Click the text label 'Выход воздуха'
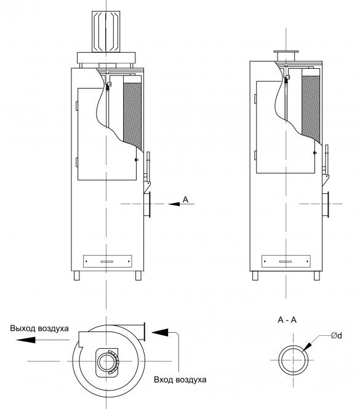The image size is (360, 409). [x=39, y=328]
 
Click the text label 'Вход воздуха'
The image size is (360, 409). [x=180, y=379]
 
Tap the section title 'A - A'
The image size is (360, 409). [x=287, y=320]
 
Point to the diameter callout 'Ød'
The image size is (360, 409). [x=337, y=335]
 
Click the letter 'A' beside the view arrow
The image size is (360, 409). [x=185, y=199]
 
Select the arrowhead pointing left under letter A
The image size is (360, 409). [x=174, y=204]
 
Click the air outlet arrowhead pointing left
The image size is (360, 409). [x=26, y=340]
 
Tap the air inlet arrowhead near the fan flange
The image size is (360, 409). [x=160, y=332]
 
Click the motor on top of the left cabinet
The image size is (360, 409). [x=106, y=31]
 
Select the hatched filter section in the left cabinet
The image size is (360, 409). [x=132, y=115]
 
